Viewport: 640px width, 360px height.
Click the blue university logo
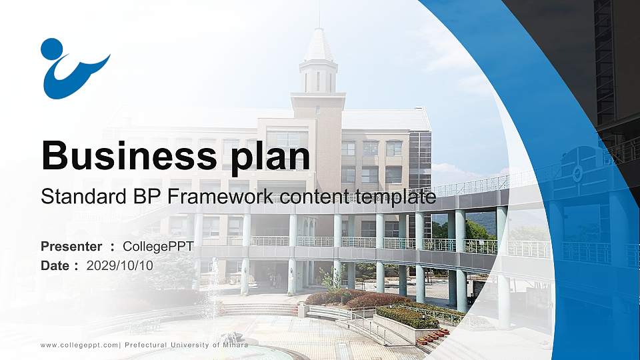[x=73, y=69]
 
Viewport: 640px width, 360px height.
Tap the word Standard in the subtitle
[x=79, y=197]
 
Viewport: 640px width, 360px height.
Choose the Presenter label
[x=71, y=247]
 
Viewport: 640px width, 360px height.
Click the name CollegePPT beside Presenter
[x=158, y=247]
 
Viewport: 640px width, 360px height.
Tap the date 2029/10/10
[x=120, y=265]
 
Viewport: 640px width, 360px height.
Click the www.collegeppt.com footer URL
[x=79, y=345]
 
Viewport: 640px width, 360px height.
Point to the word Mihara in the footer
[x=235, y=345]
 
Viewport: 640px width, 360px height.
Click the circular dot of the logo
[x=51, y=49]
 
